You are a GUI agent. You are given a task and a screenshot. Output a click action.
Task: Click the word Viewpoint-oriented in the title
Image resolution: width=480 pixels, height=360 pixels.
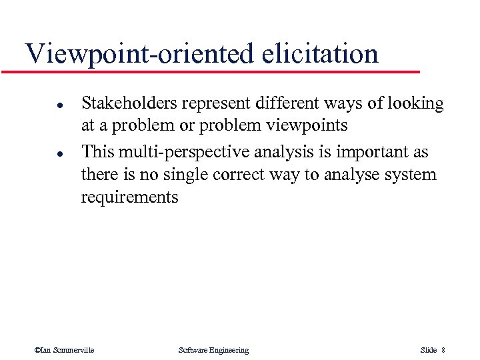click(137, 53)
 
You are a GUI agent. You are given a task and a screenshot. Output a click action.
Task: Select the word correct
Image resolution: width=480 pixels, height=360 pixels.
click(233, 175)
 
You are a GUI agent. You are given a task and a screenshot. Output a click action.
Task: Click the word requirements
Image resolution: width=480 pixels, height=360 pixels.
click(129, 198)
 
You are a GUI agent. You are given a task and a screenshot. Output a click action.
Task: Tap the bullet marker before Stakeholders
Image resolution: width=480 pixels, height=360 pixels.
click(41, 105)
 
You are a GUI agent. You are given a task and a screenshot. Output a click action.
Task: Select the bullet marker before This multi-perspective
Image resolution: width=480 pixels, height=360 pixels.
click(41, 153)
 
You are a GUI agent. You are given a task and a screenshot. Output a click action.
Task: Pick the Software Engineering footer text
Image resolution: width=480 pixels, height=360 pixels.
click(213, 350)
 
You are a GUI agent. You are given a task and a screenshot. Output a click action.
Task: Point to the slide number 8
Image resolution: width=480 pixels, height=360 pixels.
click(443, 350)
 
